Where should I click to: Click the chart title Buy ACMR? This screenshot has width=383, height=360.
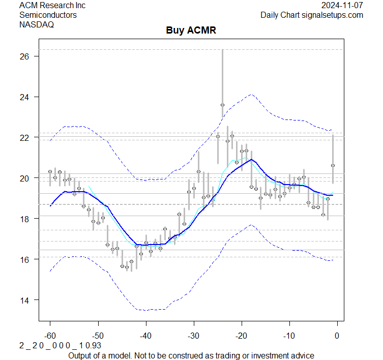191,30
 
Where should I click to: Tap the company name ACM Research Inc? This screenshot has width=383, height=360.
52,6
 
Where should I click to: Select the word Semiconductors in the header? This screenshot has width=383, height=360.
48,15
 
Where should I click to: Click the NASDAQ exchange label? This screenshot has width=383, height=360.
37,24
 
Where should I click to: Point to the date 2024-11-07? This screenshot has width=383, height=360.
342,6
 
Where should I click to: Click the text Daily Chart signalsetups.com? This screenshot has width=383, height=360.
312,15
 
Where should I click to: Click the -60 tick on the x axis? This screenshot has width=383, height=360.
50,336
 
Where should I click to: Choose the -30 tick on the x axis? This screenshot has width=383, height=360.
193,336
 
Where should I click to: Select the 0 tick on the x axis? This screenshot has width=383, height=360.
337,336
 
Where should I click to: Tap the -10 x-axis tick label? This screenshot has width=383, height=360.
289,336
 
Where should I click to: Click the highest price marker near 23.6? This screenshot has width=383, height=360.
222,105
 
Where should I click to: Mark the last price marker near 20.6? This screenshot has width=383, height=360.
333,165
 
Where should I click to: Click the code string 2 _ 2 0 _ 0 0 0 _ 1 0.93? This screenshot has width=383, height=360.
61,346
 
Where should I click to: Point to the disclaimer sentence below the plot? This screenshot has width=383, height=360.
191,355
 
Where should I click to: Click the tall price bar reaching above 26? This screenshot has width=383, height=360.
222,76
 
